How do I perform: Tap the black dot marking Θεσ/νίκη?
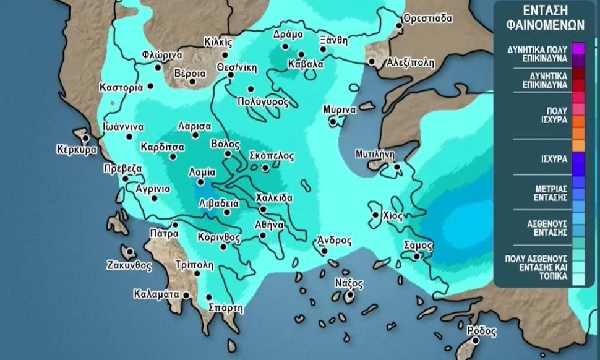point(231,75)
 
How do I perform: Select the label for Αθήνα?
point(269,225)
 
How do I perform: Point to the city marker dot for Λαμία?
point(200,182)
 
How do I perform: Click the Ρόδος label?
point(482,331)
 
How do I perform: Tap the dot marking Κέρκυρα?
point(85,137)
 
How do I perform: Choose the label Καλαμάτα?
point(156,294)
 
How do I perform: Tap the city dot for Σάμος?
point(416,255)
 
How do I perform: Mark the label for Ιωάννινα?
point(124,126)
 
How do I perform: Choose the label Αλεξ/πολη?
point(410,62)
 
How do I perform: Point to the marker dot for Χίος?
point(375,215)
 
